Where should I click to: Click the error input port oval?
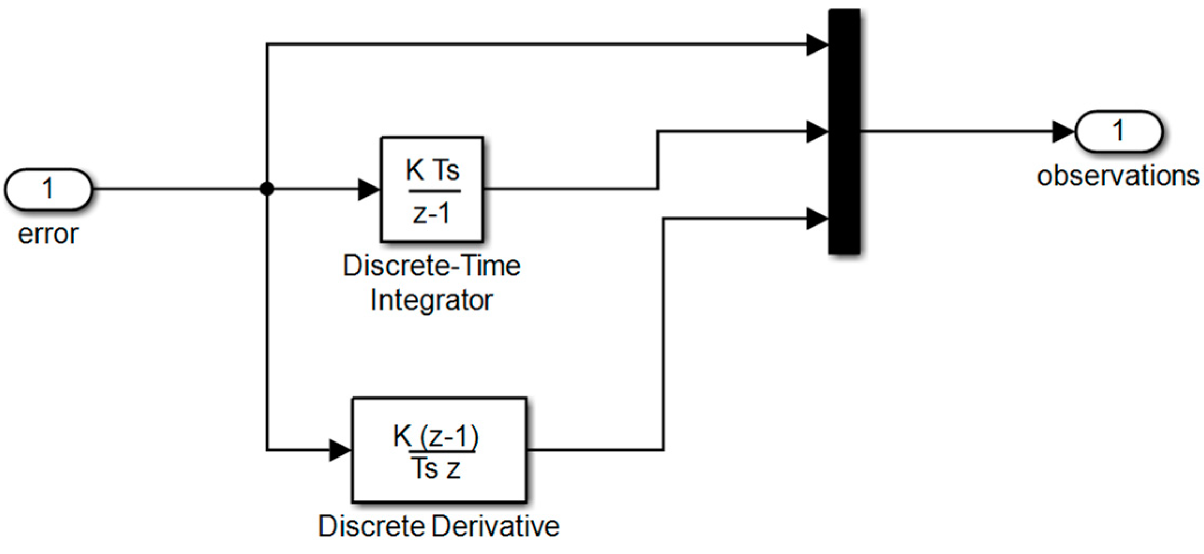48,189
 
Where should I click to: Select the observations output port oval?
1118,131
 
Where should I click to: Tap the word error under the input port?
48,234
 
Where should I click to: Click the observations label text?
1118,176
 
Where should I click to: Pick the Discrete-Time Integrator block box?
432,189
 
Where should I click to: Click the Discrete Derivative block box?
439,450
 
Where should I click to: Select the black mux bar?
844,131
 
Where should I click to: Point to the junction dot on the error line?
267,189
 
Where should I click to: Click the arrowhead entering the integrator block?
369,189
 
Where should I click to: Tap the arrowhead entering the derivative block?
340,450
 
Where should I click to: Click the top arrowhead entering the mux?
817,44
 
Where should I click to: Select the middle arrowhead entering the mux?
817,131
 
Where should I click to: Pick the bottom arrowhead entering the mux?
817,219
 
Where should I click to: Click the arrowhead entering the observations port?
1063,131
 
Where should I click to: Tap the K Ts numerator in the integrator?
432,170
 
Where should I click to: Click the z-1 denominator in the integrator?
432,213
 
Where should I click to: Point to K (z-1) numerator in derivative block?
436,436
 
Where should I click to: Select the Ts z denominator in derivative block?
436,469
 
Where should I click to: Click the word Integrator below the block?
431,300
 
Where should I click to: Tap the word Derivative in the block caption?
496,526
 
